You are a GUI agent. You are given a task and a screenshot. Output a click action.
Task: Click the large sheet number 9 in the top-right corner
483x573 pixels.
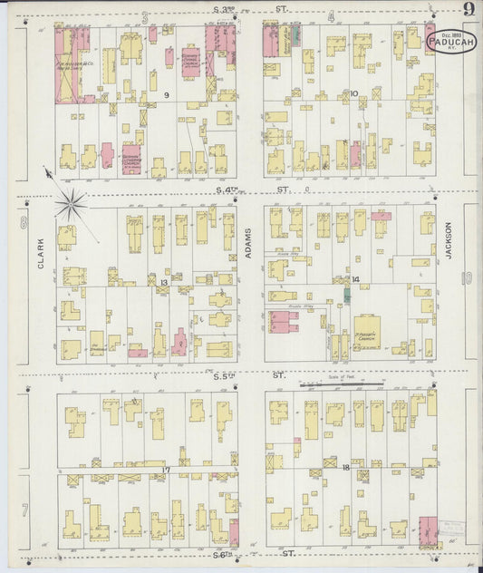click(468, 10)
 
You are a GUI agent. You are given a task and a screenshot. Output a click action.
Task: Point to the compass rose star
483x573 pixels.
click(70, 204)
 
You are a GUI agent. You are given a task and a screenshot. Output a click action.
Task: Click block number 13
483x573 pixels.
click(163, 284)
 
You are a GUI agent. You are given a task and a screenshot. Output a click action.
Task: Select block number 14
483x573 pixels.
click(356, 279)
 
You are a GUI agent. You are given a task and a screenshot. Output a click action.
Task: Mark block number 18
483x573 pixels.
click(347, 466)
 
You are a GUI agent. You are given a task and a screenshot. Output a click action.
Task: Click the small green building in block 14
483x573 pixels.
click(346, 295)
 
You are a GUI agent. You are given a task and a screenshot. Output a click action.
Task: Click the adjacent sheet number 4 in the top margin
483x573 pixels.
click(331, 16)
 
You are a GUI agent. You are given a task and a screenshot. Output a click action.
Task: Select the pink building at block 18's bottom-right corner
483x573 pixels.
click(426, 529)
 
